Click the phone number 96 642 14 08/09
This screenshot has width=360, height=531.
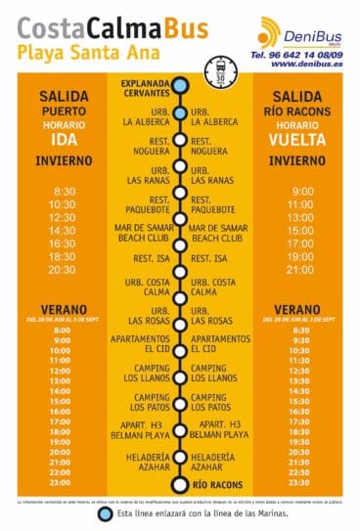pyautogui.click(x=304, y=57)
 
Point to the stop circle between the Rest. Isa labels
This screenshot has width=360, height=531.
pyautogui.click(x=180, y=258)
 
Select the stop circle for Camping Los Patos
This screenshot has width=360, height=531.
pyautogui.click(x=180, y=402)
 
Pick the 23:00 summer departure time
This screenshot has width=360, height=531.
pyautogui.click(x=61, y=482)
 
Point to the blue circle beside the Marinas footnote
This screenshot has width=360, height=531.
pyautogui.click(x=107, y=513)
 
